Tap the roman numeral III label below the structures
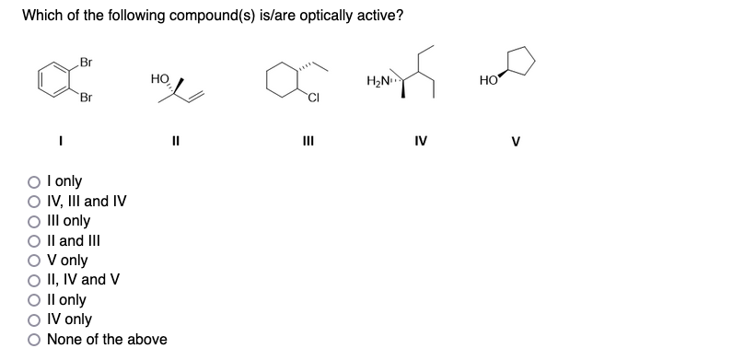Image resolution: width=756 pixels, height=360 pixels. click(308, 142)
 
